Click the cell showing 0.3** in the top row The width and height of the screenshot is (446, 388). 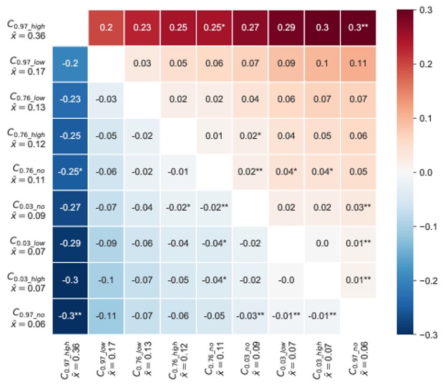(x=358, y=28)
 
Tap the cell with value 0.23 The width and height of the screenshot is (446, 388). (x=142, y=28)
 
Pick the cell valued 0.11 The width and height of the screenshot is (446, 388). (x=358, y=64)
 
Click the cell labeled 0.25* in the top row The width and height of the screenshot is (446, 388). (x=214, y=28)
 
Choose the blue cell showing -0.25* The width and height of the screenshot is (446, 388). (x=70, y=171)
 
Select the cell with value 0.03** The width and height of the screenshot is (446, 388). (x=358, y=207)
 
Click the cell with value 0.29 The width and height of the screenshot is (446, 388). (x=286, y=28)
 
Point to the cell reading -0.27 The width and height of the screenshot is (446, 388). (x=70, y=207)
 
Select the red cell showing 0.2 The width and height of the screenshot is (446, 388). (x=106, y=28)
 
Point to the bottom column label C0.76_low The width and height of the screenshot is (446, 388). (x=142, y=360)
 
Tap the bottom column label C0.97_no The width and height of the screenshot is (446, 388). (x=357, y=360)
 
